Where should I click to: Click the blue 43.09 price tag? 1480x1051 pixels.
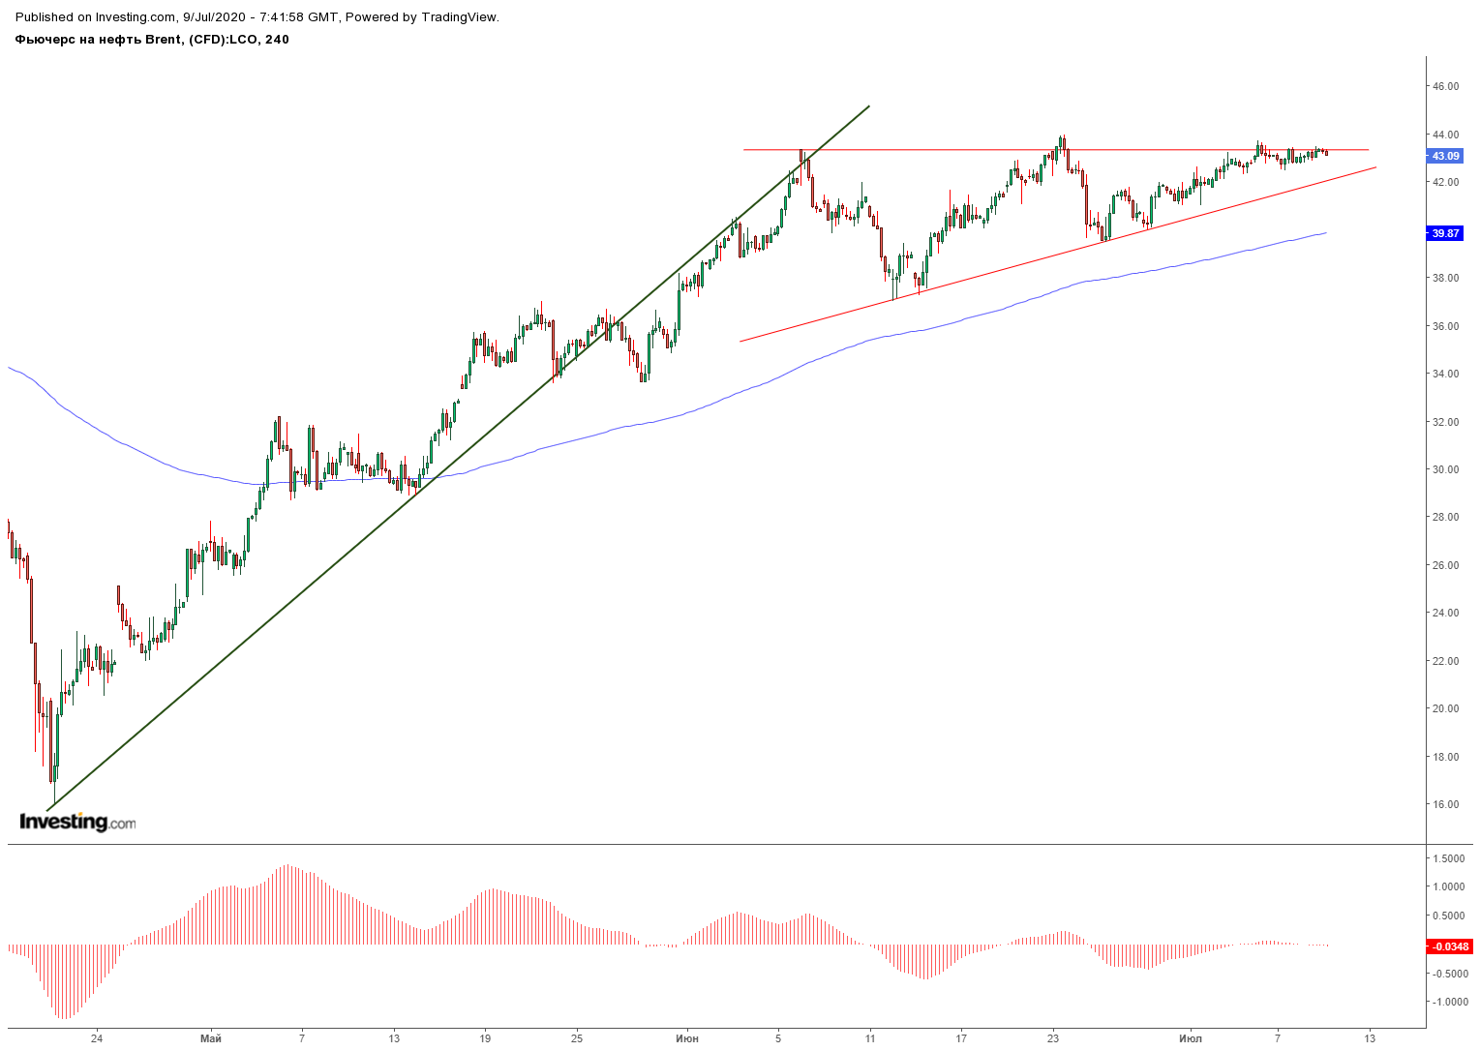point(1445,156)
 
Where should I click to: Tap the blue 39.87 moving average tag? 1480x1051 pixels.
point(1445,233)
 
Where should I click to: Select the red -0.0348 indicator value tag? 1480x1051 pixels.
point(1449,946)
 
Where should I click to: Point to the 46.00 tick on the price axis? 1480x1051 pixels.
point(1445,86)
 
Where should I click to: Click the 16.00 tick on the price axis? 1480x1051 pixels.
point(1445,804)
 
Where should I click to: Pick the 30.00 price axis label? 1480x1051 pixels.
point(1445,469)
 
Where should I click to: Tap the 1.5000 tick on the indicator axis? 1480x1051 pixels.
point(1448,858)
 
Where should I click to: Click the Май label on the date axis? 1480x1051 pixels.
point(210,1038)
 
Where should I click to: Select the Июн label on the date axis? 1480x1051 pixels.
point(687,1038)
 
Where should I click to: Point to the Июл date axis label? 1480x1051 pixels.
point(1191,1038)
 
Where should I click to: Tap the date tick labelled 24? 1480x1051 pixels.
point(97,1038)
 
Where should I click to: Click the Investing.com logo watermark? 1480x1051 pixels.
point(77,822)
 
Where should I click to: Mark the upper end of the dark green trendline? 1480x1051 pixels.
point(869,106)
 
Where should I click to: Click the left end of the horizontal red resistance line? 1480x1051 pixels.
point(743,150)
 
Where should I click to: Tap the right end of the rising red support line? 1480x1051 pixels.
point(1375,167)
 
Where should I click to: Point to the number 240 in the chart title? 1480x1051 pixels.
point(277,40)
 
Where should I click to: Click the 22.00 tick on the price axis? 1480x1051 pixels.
point(1445,661)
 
